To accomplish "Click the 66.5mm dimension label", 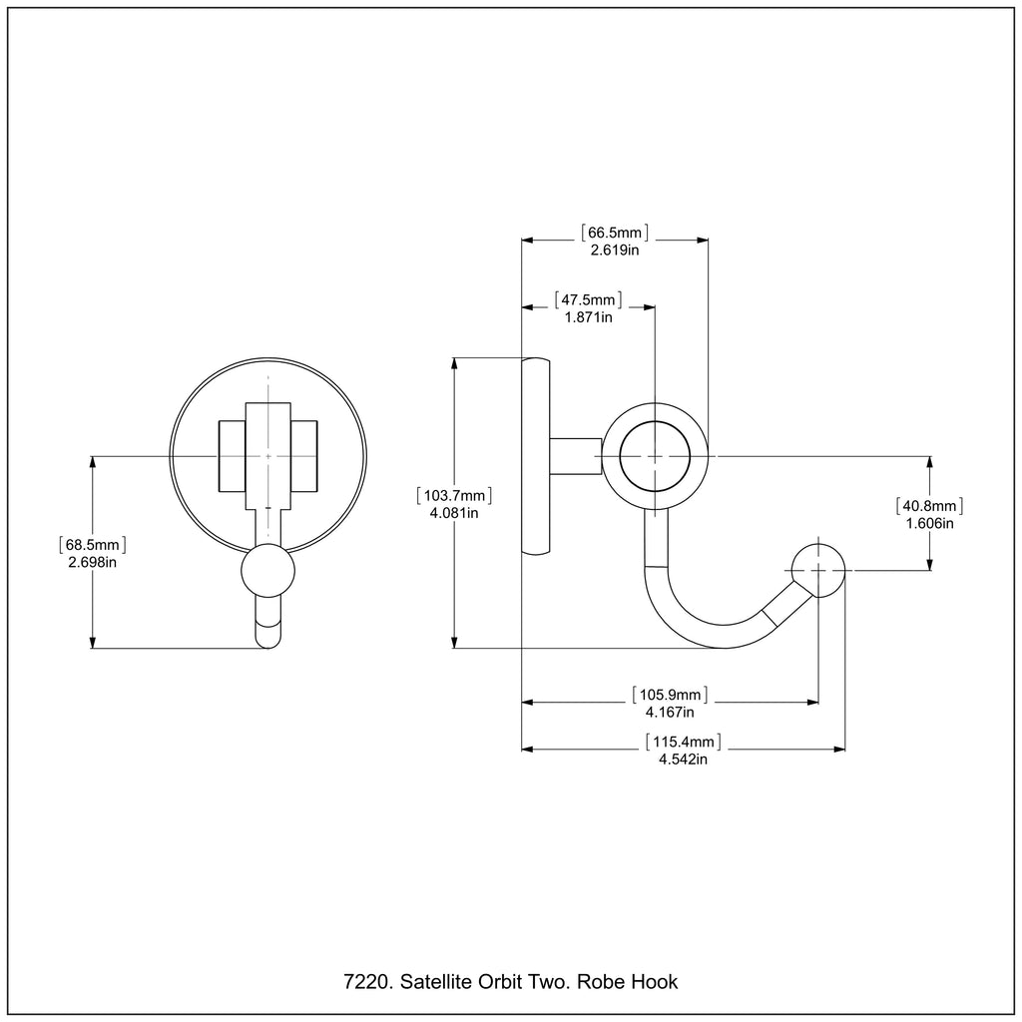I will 614,233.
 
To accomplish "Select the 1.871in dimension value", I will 588,316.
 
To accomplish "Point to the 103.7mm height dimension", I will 455,495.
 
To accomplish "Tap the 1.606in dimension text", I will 929,523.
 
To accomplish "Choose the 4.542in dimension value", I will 683,759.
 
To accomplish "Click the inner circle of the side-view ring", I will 655,456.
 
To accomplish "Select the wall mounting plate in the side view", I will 536,456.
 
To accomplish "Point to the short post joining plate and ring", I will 576,456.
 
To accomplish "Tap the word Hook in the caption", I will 655,982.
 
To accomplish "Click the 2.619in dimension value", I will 614,250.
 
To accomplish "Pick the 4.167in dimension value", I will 669,712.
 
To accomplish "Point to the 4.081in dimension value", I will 455,513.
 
